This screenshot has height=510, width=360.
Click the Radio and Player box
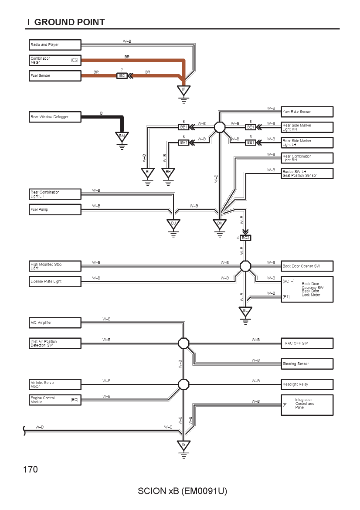(55, 45)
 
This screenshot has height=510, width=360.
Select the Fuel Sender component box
(55, 76)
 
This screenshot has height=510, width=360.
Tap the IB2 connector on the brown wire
(122, 76)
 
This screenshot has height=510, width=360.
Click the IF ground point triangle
(184, 90)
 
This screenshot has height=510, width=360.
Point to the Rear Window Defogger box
(55, 117)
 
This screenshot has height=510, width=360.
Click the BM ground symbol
(122, 136)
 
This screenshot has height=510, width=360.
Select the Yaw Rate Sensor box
(307, 112)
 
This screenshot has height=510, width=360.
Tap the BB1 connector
(184, 127)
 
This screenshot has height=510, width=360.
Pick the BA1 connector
(184, 143)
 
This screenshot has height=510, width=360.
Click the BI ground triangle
(148, 173)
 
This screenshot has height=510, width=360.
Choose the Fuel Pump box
(55, 210)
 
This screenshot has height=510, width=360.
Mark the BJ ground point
(173, 224)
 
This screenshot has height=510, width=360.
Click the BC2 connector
(245, 238)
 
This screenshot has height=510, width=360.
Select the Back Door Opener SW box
(307, 266)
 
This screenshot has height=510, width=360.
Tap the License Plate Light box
(55, 282)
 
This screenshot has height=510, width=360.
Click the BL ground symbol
(245, 312)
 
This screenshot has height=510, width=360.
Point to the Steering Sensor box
(307, 364)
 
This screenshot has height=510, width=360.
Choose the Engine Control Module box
(55, 400)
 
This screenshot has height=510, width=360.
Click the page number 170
(31, 469)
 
